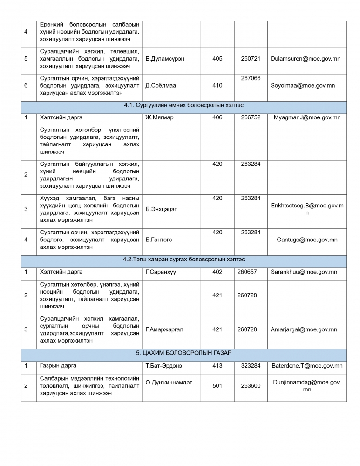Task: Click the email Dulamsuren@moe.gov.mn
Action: [306, 59]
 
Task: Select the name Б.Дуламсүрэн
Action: [164, 59]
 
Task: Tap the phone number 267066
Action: [251, 78]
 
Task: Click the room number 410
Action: [217, 85]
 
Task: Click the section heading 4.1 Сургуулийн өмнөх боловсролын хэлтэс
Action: [183, 106]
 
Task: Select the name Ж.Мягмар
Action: [159, 117]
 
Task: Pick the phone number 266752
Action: [251, 117]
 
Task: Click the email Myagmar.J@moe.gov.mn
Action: [307, 117]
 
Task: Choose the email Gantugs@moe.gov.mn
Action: [307, 240]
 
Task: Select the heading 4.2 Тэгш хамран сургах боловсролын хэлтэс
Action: [183, 260]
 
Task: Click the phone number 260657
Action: [247, 272]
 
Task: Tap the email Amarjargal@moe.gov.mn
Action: [304, 329]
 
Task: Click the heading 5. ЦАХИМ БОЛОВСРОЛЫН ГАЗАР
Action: [183, 353]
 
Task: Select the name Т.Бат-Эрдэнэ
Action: [164, 366]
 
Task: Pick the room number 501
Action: [217, 386]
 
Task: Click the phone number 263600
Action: [251, 386]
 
